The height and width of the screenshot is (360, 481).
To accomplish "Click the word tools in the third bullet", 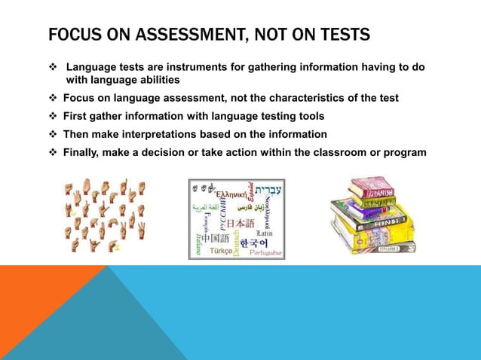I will coord(308,116).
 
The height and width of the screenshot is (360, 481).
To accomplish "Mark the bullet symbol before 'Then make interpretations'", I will coord(54,134).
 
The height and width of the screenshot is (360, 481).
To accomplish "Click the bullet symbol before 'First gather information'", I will coord(54,116).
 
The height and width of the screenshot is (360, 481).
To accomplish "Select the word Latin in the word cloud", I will coord(264,233).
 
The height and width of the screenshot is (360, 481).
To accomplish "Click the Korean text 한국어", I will coord(255,244).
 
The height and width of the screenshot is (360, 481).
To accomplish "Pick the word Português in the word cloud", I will coord(265,253).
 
